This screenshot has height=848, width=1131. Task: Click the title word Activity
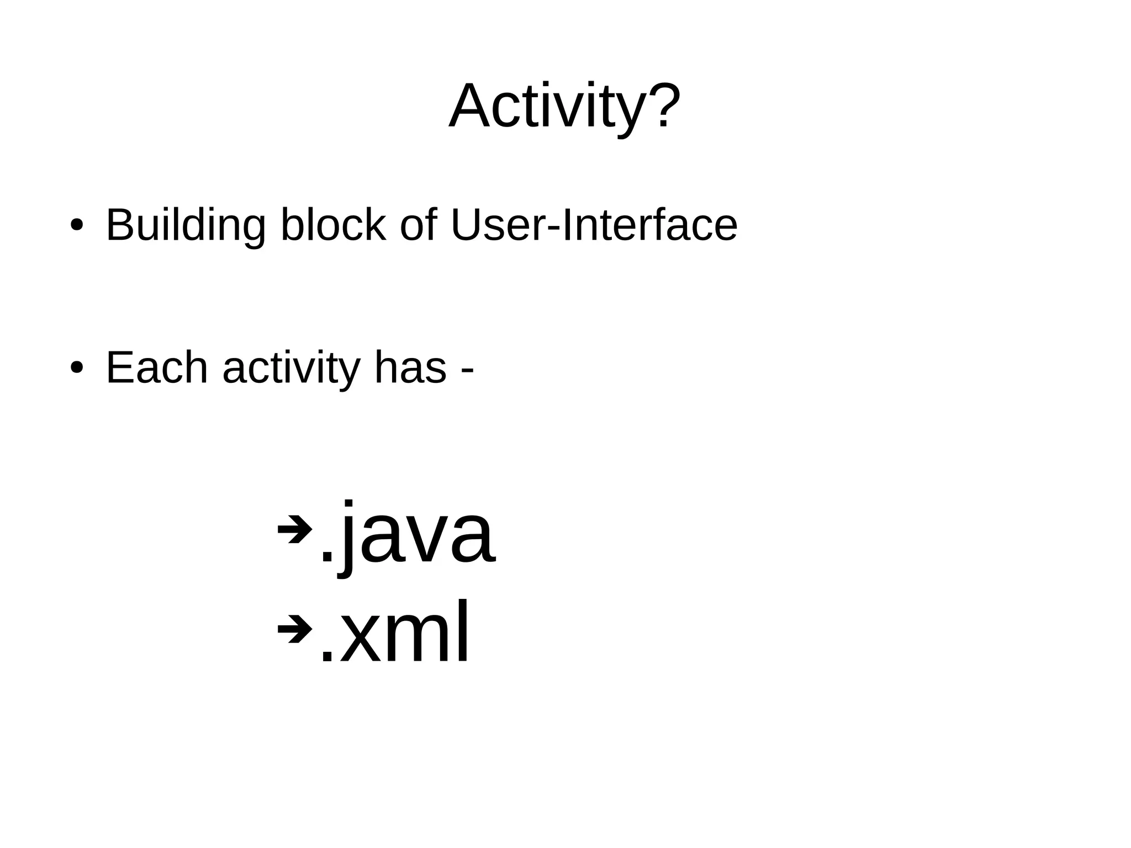coord(547,106)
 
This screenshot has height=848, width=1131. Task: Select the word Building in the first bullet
coord(186,225)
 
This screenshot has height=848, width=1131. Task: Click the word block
coord(333,225)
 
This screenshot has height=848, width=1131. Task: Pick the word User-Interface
coord(594,225)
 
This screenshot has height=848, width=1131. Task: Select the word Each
coord(157,368)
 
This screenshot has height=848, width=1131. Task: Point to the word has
coord(410,368)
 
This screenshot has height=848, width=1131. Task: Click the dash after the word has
coord(467,371)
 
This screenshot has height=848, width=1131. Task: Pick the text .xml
coord(394,633)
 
